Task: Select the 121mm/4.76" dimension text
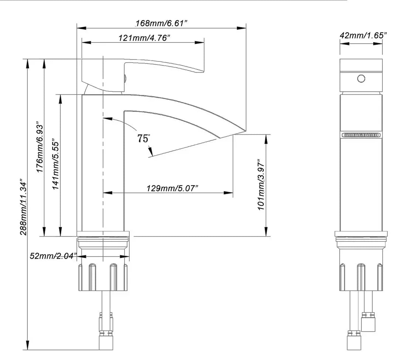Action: (144, 38)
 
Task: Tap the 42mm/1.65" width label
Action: (363, 35)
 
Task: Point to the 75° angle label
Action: (144, 139)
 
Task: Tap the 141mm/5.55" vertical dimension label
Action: (56, 164)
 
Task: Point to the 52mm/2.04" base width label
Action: (53, 255)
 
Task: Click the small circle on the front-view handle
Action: (361, 78)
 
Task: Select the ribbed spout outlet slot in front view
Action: (361, 135)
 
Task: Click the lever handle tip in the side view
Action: (200, 70)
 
